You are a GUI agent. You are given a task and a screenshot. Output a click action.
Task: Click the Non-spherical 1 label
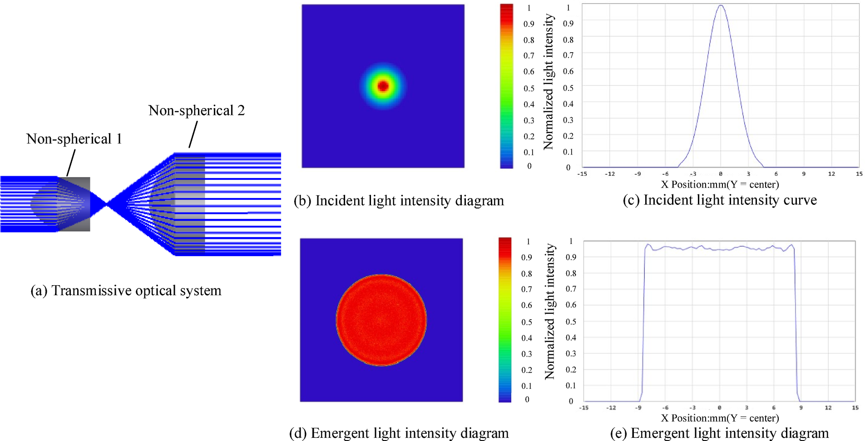click(x=74, y=139)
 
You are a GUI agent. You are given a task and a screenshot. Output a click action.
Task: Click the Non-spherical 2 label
click(x=196, y=110)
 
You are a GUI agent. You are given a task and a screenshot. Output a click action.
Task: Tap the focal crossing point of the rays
click(x=107, y=205)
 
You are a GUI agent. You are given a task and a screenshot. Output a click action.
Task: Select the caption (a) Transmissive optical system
click(x=126, y=291)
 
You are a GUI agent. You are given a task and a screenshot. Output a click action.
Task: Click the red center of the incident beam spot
click(x=383, y=86)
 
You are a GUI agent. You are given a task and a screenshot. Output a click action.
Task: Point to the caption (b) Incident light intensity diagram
click(x=399, y=201)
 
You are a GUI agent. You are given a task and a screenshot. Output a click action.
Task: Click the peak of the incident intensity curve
click(x=721, y=5)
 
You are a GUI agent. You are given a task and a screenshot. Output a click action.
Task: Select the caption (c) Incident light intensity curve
click(x=720, y=200)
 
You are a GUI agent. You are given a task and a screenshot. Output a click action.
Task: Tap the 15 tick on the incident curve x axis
click(x=859, y=174)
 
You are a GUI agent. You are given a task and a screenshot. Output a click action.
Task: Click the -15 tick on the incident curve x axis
click(x=582, y=174)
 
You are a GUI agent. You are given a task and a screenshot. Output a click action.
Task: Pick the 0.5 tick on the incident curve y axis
click(x=568, y=88)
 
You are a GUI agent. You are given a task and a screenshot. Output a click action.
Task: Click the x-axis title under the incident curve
click(x=720, y=184)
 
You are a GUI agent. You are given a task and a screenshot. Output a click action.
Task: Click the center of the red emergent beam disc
click(x=381, y=320)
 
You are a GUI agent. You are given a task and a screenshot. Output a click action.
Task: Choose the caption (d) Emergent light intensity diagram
click(x=399, y=433)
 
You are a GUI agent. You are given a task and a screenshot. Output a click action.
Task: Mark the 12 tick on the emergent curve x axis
click(x=828, y=408)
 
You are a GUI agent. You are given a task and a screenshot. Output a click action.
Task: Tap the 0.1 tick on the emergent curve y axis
click(x=571, y=385)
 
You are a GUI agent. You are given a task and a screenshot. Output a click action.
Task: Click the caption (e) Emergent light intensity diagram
click(x=719, y=433)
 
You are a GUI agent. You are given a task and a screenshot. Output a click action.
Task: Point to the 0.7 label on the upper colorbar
click(x=529, y=55)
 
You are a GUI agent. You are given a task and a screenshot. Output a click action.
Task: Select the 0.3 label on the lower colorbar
click(x=527, y=354)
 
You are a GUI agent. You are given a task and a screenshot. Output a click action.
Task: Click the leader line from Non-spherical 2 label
click(x=193, y=135)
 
